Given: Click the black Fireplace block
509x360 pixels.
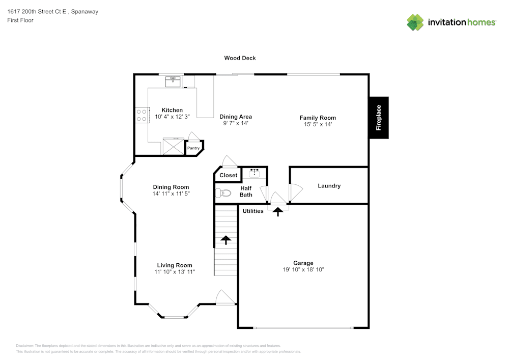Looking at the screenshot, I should (379, 118).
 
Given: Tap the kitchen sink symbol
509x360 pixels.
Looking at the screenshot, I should (173, 81).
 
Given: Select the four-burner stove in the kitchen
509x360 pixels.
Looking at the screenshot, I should (142, 115).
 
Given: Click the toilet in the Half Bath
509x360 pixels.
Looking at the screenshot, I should (220, 193).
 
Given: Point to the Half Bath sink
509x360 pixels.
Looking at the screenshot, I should (254, 173).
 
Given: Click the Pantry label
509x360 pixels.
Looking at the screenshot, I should (193, 148).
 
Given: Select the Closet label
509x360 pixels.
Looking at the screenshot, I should (229, 175).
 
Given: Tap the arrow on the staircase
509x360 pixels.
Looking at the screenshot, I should (225, 240).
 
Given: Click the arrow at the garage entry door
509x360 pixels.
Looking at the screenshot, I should (278, 212).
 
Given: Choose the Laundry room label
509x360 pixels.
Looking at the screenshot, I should (329, 186).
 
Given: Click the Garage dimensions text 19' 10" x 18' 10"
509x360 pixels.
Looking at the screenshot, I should (303, 270).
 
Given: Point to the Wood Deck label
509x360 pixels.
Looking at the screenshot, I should (240, 58).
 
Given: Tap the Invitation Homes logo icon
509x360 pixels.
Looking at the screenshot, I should (415, 22).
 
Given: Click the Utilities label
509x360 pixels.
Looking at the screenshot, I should (253, 211).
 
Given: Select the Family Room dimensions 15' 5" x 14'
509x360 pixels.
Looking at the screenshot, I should (318, 124).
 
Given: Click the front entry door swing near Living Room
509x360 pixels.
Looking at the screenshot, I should (224, 297).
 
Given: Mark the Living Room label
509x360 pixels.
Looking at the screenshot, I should (175, 265).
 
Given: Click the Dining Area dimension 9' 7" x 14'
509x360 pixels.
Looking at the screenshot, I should (236, 123).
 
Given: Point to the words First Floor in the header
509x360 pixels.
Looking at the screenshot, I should (20, 20).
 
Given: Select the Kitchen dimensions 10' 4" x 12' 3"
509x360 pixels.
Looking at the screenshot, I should (172, 117).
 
